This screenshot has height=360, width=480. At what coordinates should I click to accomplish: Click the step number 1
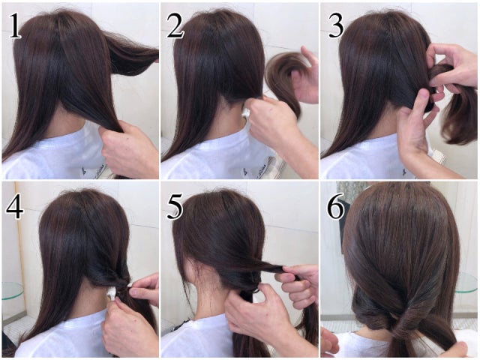15,26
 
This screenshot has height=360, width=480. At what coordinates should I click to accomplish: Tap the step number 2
175,26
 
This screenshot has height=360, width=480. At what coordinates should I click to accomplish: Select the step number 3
336,26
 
